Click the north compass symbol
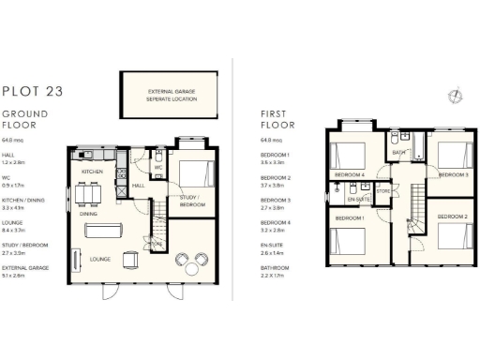[x=455, y=93]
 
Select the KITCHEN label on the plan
[x=91, y=172]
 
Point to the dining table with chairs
[x=88, y=195]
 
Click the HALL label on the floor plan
[x=138, y=186]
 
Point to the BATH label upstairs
[x=398, y=152]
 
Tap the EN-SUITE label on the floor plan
[x=357, y=200]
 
